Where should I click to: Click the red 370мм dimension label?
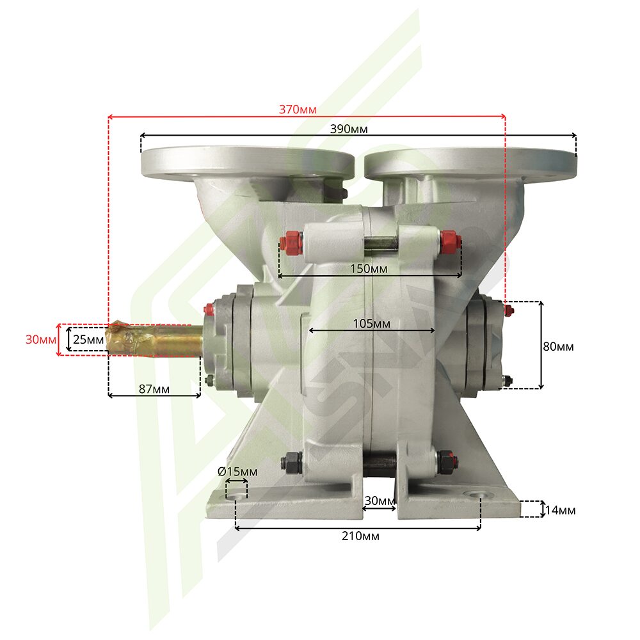298,109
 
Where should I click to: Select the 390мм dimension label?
349,129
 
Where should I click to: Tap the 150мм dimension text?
369,269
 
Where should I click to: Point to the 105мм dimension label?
371,324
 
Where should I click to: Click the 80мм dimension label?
558,346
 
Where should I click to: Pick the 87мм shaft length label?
154,389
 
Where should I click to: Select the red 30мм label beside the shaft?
41,340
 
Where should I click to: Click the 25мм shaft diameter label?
88,340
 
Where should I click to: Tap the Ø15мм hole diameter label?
237,472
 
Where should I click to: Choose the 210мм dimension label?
360,536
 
